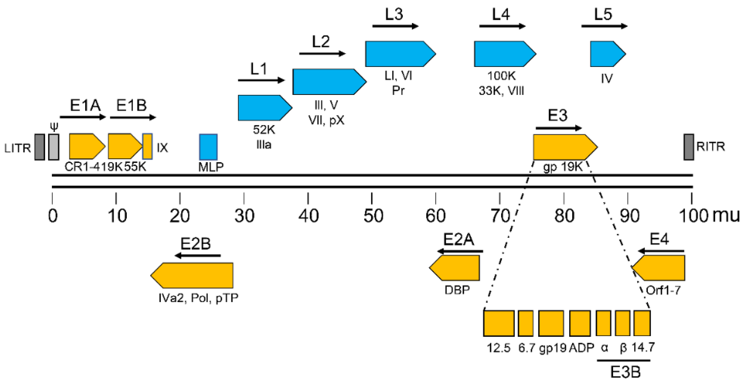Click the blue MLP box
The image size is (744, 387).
click(208, 147)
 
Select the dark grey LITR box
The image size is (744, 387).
click(40, 147)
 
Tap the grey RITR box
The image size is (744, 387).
click(689, 147)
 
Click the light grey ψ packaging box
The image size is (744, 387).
click(54, 147)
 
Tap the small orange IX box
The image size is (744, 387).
click(147, 146)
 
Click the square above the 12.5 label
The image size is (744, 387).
click(499, 323)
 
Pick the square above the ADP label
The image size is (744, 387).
click(580, 323)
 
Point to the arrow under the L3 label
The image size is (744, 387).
click(395, 27)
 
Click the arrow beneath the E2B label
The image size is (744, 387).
click(198, 255)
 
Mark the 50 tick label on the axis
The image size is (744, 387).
click(373, 216)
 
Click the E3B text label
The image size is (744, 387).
click(625, 372)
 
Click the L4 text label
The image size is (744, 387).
click(501, 14)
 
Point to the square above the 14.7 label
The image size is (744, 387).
click(642, 323)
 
